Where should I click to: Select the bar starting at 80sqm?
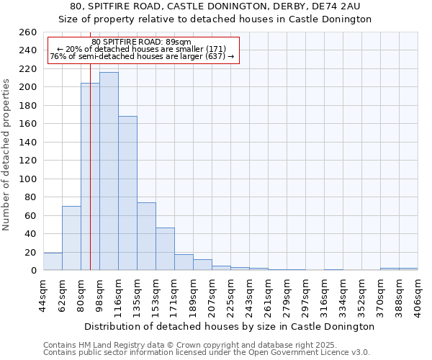(x=90, y=176)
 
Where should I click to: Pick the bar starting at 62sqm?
(x=71, y=238)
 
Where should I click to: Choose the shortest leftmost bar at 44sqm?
(x=53, y=262)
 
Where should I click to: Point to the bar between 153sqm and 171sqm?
(x=165, y=249)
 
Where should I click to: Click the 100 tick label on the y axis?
(x=27, y=179)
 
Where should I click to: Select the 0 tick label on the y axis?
(x=33, y=271)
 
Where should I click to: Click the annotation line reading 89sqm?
(x=142, y=42)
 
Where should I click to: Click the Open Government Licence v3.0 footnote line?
(x=207, y=352)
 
